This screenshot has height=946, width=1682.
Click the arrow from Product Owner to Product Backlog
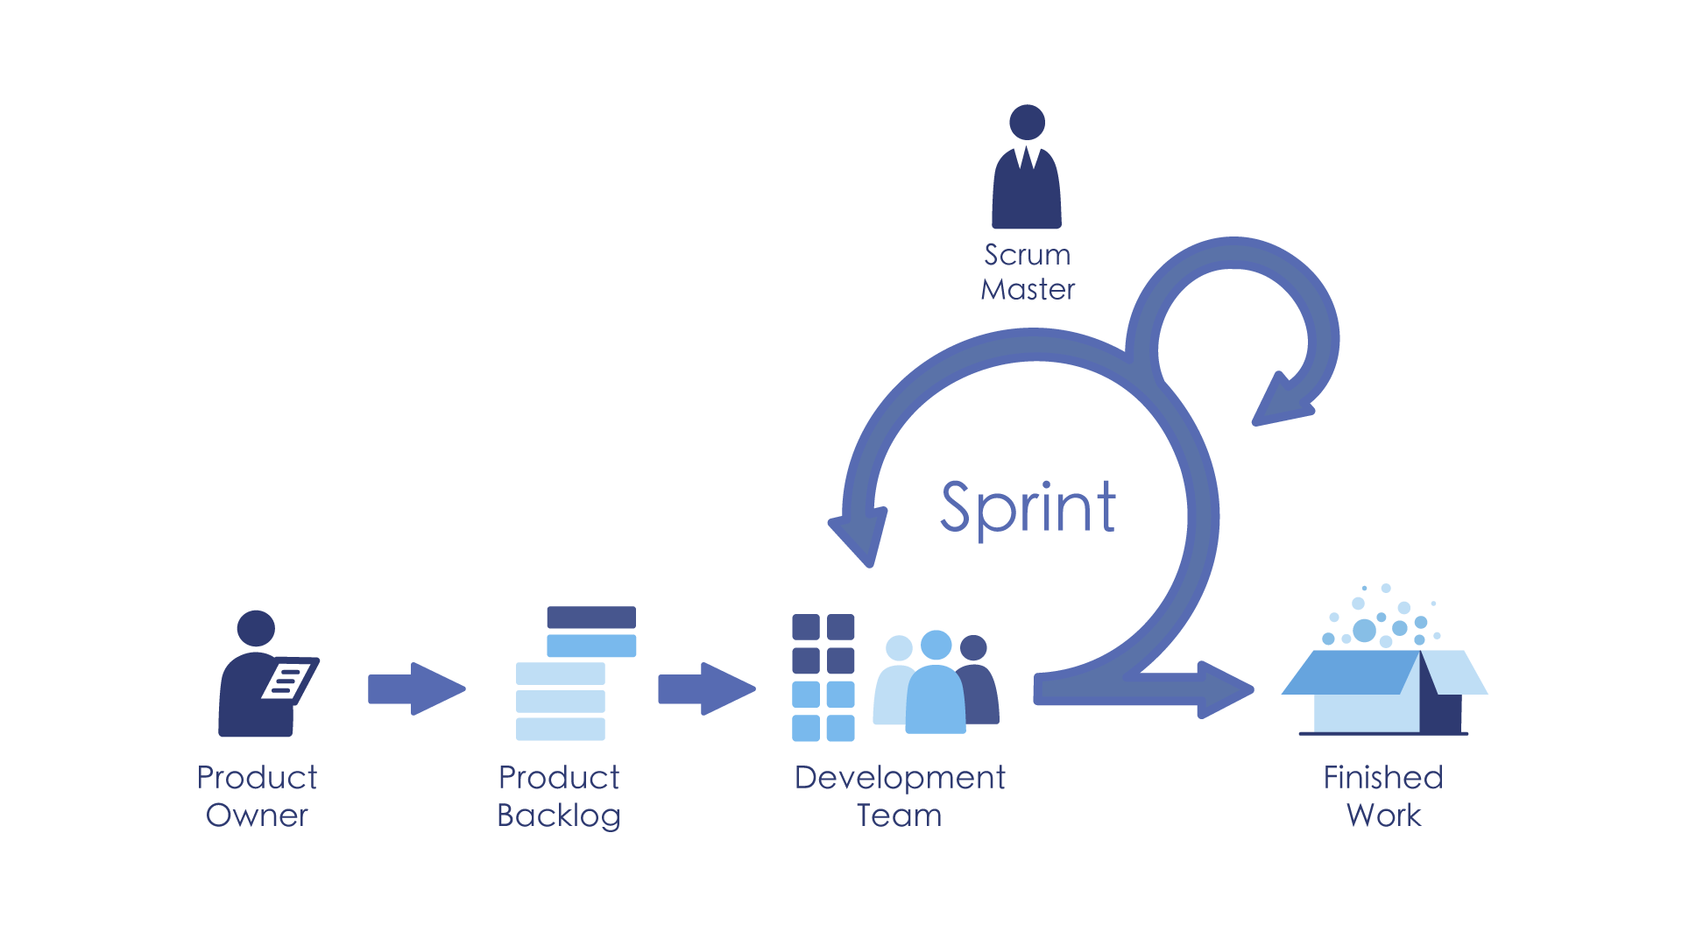[x=416, y=688]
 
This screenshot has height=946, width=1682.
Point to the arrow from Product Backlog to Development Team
[x=706, y=688]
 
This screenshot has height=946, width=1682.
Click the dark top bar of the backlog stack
[x=591, y=617]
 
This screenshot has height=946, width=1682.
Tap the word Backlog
[x=559, y=815]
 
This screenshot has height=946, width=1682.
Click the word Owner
[x=257, y=815]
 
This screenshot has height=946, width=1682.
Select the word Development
[x=900, y=778]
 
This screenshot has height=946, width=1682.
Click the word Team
[x=900, y=815]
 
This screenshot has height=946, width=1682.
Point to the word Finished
[x=1383, y=778]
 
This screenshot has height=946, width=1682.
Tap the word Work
[x=1384, y=815]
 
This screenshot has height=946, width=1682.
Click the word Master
[x=1028, y=289]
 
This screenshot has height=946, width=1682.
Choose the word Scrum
[x=1028, y=255]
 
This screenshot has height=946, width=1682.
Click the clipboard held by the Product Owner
[x=289, y=679]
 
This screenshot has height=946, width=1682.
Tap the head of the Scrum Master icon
[x=1027, y=123]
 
